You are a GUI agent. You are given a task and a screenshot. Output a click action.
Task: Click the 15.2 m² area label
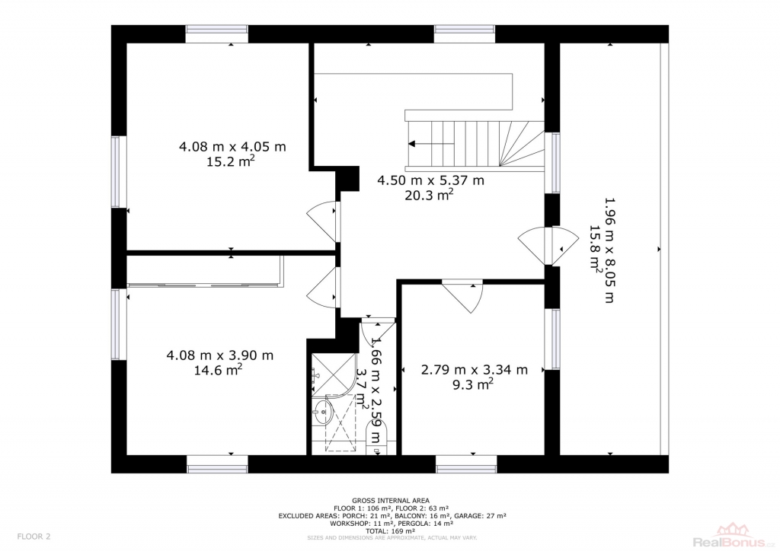click(231, 161)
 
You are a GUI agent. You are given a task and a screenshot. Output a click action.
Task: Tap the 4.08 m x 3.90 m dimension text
click(220, 355)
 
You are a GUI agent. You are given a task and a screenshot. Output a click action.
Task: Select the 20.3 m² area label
click(429, 195)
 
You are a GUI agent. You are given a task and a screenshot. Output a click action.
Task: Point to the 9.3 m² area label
click(472, 384)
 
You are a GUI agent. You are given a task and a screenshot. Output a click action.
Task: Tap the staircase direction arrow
click(431, 144)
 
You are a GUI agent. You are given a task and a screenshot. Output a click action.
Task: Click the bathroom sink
click(323, 412)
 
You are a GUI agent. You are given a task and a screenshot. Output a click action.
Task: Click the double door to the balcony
click(548, 246)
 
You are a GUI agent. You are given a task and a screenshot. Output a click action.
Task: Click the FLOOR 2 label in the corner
click(34, 536)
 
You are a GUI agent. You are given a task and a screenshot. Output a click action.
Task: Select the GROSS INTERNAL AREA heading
click(391, 500)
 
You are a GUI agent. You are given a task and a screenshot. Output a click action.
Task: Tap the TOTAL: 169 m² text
click(391, 530)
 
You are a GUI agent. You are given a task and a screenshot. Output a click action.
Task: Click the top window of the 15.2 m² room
click(217, 33)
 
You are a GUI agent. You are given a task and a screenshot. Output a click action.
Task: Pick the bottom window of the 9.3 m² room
click(466, 464)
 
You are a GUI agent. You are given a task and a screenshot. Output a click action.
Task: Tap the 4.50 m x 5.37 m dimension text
click(431, 180)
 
